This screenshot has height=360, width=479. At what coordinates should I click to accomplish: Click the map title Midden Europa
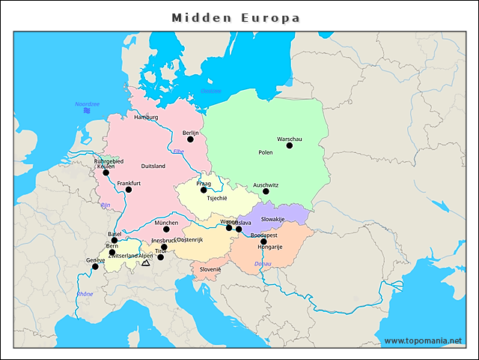click(236, 17)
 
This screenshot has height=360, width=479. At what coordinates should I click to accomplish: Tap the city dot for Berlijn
click(190, 139)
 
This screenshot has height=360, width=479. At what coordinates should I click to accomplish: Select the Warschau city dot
click(290, 145)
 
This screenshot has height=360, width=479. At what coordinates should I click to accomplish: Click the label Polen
click(266, 152)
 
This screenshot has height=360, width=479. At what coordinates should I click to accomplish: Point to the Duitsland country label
click(153, 166)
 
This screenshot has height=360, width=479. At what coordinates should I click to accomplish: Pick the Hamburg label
click(146, 117)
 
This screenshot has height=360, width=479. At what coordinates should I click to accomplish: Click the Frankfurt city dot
click(129, 190)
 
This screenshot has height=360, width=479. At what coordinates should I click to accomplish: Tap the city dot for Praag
click(204, 190)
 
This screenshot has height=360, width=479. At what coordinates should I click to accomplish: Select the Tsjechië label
click(216, 199)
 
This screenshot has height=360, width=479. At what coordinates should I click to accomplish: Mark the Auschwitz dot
click(266, 191)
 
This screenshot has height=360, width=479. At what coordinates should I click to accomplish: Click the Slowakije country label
click(272, 218)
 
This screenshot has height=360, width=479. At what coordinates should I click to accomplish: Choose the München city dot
click(166, 229)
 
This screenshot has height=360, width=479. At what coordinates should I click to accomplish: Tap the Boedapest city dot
click(263, 241)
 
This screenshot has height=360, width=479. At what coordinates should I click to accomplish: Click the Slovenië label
click(210, 269)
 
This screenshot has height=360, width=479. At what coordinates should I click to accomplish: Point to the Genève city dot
click(95, 266)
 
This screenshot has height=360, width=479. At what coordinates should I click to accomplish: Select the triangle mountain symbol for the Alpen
click(145, 263)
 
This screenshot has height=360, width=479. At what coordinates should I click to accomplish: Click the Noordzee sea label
click(87, 104)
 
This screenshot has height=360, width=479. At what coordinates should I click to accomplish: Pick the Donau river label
click(263, 264)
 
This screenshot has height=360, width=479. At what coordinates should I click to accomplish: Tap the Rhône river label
click(85, 294)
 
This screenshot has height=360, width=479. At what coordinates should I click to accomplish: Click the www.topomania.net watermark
click(423, 340)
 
